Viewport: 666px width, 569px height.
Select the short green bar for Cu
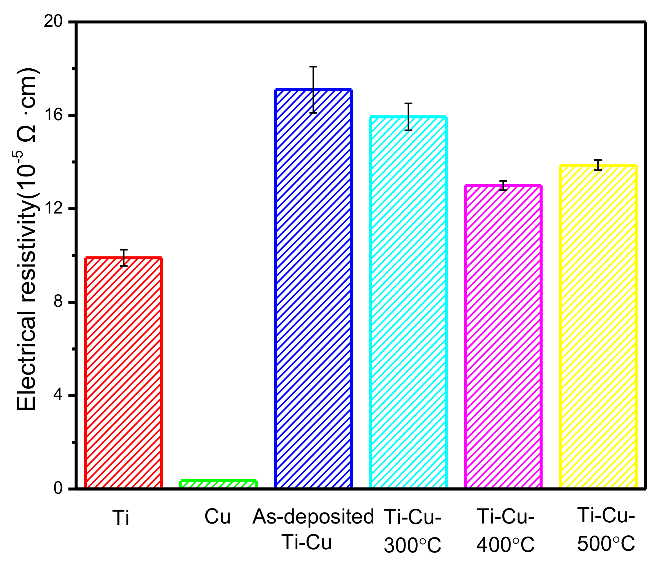point(218,484)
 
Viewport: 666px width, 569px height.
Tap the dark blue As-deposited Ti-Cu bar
point(313,289)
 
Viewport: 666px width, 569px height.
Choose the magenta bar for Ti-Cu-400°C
point(503,337)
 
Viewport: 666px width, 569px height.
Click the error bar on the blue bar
point(313,90)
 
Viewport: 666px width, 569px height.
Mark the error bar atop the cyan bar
point(408,116)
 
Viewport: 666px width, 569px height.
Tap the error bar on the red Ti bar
point(124,258)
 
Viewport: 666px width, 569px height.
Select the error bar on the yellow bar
point(598,165)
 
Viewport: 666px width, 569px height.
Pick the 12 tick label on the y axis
point(53,209)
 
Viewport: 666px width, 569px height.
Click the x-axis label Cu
point(218,517)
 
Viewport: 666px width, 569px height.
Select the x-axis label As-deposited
point(313,517)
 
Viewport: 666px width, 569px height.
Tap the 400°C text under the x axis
point(505,544)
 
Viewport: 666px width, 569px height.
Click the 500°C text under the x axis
point(606,543)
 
